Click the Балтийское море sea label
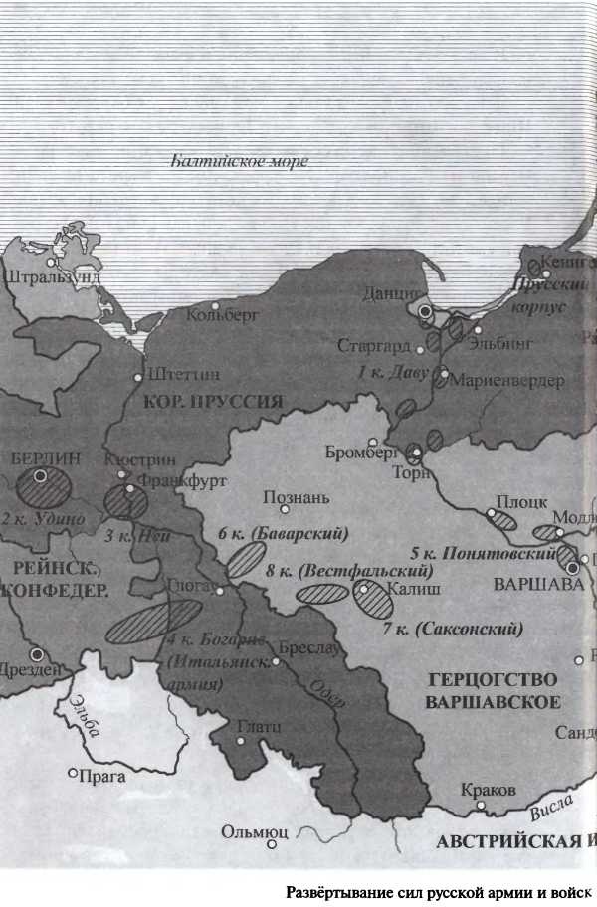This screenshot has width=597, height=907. pyautogui.click(x=239, y=161)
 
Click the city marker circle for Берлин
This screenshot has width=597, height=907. pyautogui.click(x=40, y=476)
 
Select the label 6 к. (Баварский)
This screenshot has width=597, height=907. pyautogui.click(x=284, y=534)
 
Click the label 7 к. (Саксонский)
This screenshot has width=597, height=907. pyautogui.click(x=453, y=629)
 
